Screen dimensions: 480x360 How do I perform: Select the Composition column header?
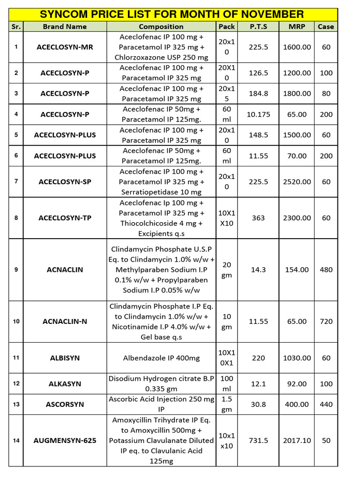click(x=161, y=27)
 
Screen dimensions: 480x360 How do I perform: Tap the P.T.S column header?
click(x=258, y=27)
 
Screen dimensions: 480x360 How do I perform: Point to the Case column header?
click(x=326, y=27)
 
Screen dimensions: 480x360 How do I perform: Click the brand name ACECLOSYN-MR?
click(x=65, y=47)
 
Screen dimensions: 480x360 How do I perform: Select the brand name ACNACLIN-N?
click(x=65, y=322)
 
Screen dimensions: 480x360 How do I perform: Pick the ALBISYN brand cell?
click(x=65, y=358)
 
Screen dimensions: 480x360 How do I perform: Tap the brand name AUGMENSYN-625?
click(x=65, y=441)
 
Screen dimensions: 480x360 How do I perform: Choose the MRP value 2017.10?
click(x=297, y=441)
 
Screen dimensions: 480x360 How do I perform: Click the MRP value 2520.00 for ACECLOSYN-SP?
click(x=297, y=182)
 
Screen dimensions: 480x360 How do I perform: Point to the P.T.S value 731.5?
click(x=258, y=441)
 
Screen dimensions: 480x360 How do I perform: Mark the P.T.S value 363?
click(x=258, y=218)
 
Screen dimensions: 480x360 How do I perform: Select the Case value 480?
click(x=326, y=270)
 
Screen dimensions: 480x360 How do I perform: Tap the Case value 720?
click(x=326, y=322)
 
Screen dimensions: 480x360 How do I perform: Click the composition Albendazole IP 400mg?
click(x=161, y=358)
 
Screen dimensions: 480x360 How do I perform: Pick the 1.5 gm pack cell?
click(x=226, y=404)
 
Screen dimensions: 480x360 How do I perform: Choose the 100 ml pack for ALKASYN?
click(x=226, y=383)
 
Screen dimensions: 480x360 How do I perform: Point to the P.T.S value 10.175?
click(x=258, y=114)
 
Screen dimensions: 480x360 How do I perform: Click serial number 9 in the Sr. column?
click(x=16, y=270)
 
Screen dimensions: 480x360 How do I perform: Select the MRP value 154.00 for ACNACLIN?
click(x=297, y=270)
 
